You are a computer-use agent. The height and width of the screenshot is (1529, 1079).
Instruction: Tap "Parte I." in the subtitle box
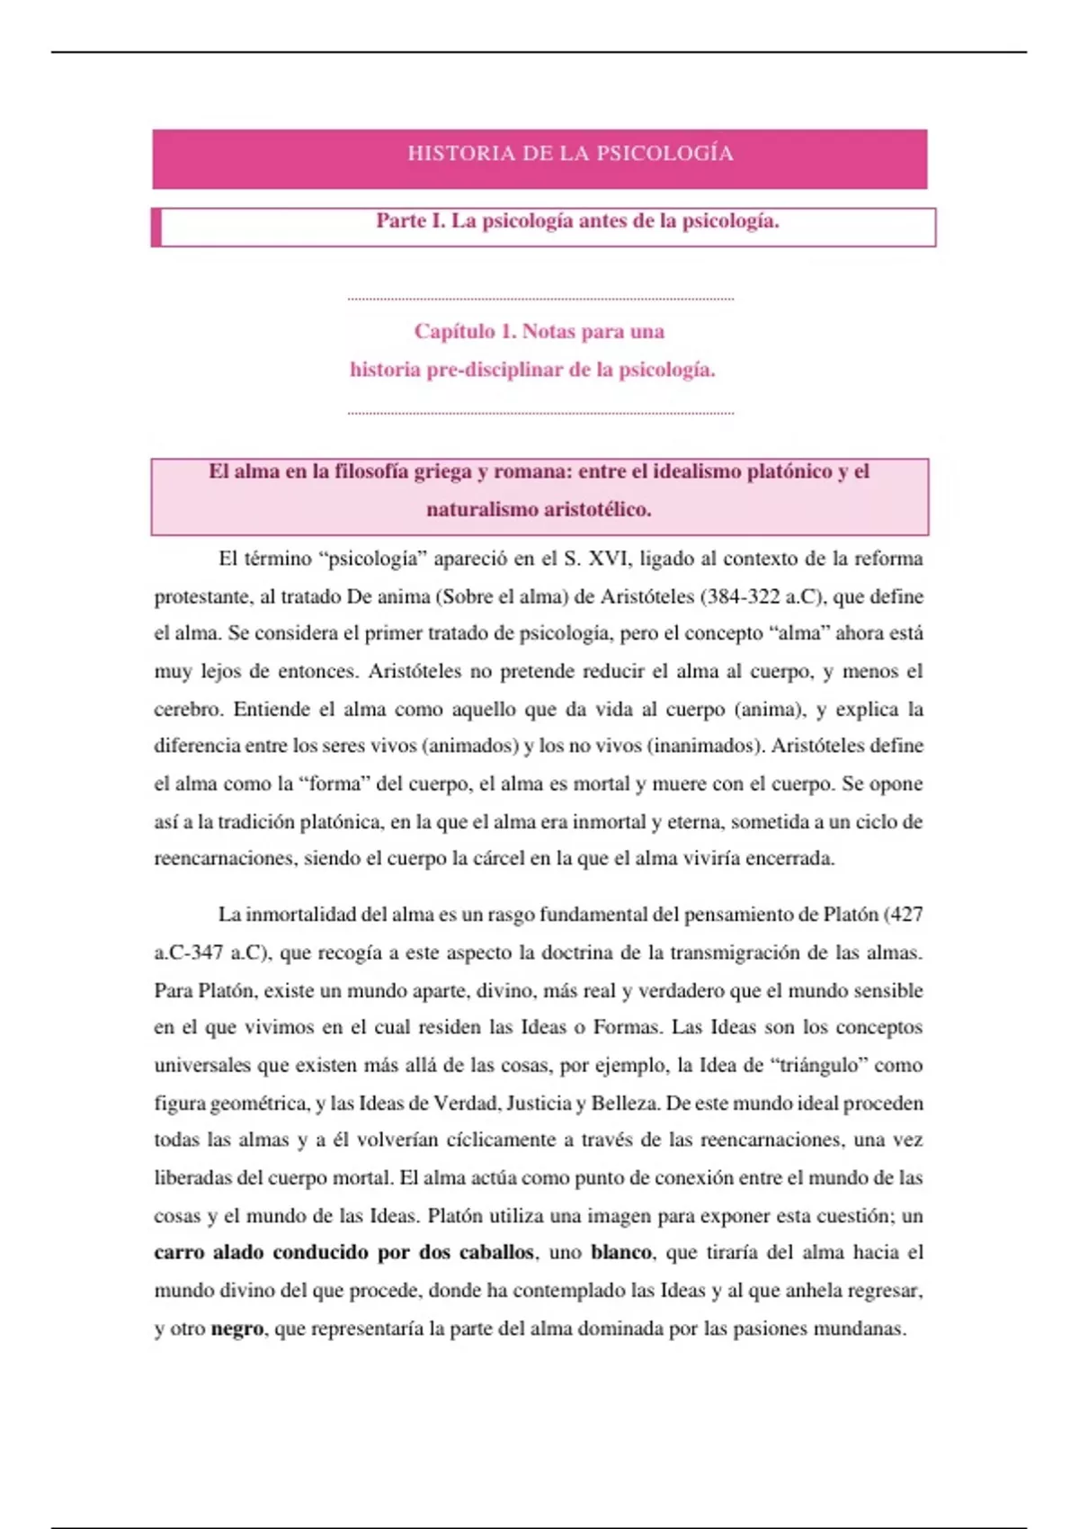[410, 221]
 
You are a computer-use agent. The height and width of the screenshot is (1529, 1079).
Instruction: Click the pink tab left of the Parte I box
[156, 227]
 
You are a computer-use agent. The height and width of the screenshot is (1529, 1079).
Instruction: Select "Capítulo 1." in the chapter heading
[465, 332]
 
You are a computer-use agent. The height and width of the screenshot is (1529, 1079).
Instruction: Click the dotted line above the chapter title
[539, 299]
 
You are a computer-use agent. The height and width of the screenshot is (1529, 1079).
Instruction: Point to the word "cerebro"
[187, 710]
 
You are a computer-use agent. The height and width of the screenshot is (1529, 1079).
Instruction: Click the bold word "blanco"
[620, 1253]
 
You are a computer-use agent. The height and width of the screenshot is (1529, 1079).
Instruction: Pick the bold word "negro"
[236, 1329]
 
